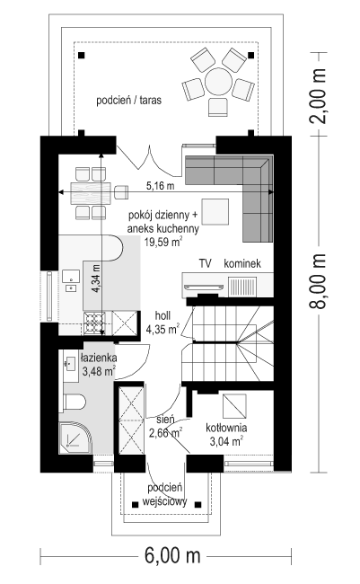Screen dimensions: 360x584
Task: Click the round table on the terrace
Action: (x=218, y=81)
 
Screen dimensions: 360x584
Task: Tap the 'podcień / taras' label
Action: (x=128, y=101)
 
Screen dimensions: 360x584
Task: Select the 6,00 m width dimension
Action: (x=172, y=556)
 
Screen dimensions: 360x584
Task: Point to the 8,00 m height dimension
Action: (x=319, y=281)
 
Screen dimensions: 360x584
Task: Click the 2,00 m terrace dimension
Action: (x=319, y=96)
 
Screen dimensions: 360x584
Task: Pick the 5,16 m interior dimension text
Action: (x=160, y=186)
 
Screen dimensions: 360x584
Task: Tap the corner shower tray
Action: (x=75, y=438)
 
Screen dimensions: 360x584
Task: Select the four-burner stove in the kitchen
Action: (x=94, y=323)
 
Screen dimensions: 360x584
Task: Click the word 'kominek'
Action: (x=242, y=263)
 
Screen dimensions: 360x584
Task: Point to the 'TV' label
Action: (x=205, y=263)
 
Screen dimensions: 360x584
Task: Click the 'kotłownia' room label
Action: (x=226, y=429)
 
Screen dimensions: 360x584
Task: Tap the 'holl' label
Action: (x=163, y=316)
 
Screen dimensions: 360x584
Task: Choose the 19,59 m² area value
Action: (x=163, y=242)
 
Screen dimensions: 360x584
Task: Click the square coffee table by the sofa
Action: (x=215, y=211)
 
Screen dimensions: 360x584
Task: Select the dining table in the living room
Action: (x=91, y=193)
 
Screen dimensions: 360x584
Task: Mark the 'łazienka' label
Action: (x=99, y=358)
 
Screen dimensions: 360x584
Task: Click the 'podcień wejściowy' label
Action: (x=164, y=495)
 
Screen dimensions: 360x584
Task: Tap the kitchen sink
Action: (x=71, y=277)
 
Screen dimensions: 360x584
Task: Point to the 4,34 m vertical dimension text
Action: (x=96, y=279)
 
